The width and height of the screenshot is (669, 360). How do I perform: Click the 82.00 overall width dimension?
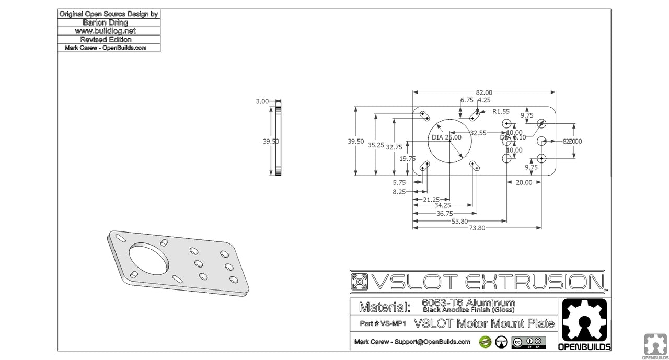(x=485, y=92)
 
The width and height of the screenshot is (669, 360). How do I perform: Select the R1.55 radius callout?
(x=501, y=111)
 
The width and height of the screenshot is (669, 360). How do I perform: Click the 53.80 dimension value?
(x=459, y=221)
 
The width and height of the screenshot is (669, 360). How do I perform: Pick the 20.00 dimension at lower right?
(x=524, y=182)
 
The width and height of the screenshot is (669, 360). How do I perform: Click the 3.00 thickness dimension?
(x=262, y=101)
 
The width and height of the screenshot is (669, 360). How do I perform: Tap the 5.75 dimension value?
(x=399, y=182)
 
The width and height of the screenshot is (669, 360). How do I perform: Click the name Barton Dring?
(x=109, y=22)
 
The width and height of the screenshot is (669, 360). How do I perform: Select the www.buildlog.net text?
(x=109, y=31)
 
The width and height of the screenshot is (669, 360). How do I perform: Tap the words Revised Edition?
(x=109, y=39)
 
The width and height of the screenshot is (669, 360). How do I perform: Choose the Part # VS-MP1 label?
(x=383, y=324)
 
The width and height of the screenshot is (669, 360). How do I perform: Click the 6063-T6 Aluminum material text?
(x=468, y=303)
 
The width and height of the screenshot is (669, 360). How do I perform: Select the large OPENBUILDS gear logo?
(x=583, y=322)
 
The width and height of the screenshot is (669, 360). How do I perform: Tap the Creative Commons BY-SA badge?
(x=529, y=342)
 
